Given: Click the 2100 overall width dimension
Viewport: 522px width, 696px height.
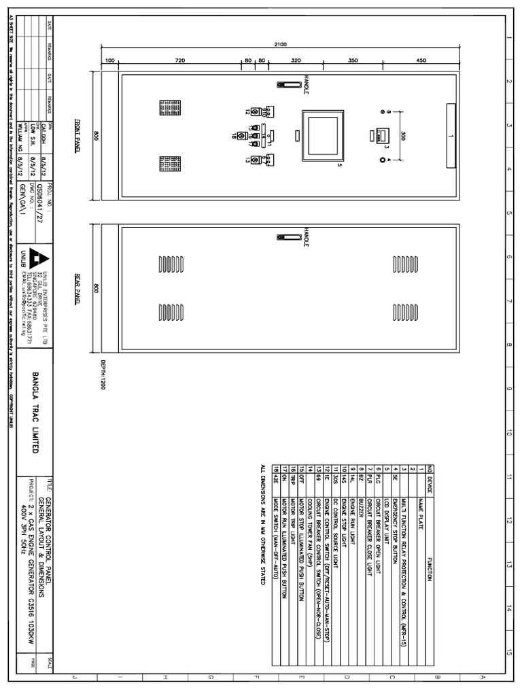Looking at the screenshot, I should [281, 45].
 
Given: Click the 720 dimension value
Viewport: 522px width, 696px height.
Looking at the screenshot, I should [180, 61].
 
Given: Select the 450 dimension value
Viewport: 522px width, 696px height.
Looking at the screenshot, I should [421, 61].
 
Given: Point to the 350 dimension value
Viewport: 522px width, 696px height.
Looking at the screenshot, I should [353, 61].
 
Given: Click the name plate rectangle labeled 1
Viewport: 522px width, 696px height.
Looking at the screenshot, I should [451, 135].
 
